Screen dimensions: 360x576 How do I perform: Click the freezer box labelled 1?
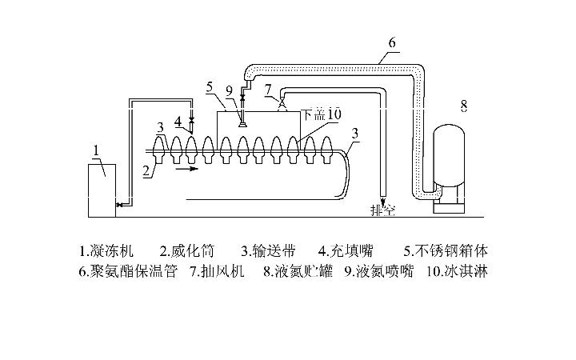coord(102,190)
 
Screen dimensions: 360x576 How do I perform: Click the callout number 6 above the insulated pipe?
coord(391,42)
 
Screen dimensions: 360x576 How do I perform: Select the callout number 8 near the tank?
coord(463,105)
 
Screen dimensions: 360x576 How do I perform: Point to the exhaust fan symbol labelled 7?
coord(281,104)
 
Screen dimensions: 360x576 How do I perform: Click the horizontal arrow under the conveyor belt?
coord(185,169)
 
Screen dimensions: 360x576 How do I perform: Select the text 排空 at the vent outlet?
coord(382,210)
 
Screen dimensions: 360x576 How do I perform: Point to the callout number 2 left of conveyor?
coord(146,169)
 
